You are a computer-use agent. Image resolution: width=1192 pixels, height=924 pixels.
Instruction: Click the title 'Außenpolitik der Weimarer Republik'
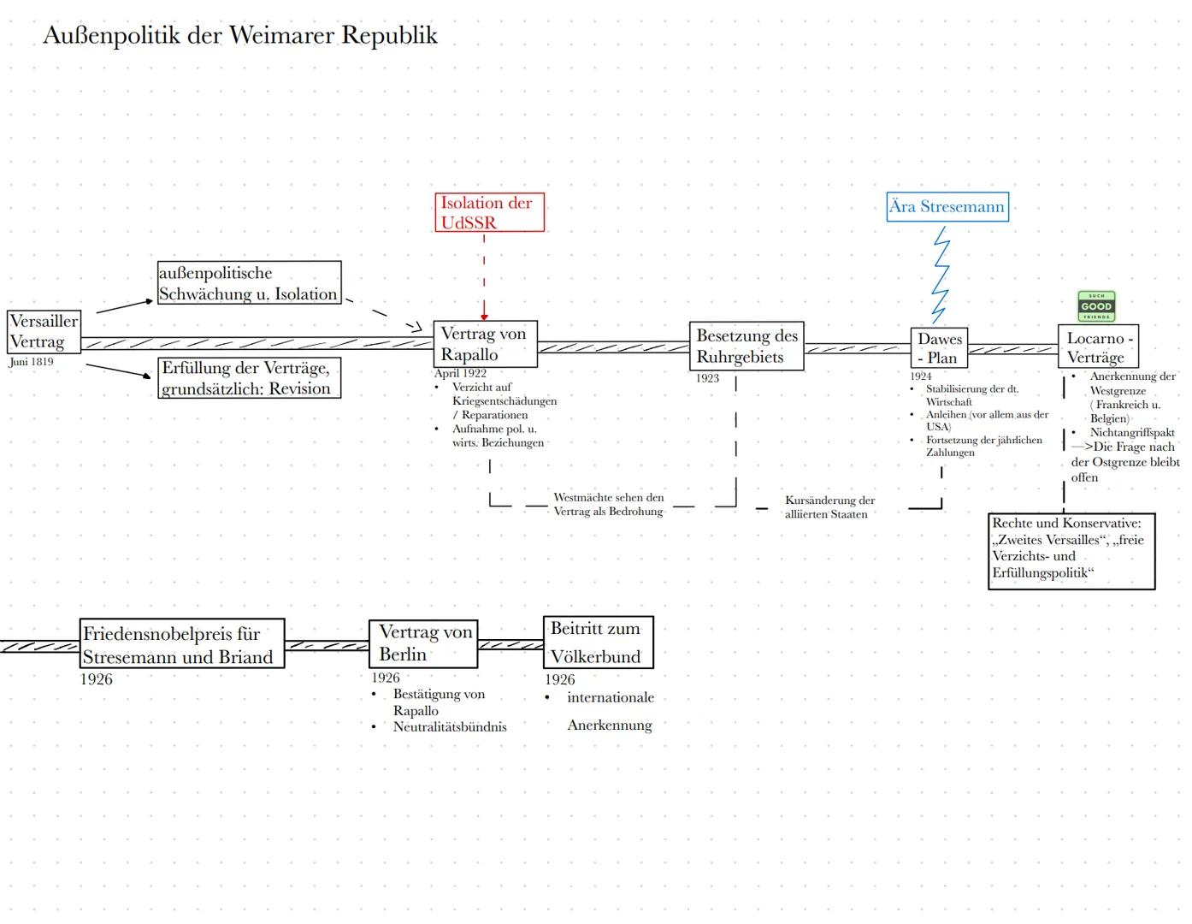click(239, 36)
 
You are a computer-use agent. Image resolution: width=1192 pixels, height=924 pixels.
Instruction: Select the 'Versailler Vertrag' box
click(44, 332)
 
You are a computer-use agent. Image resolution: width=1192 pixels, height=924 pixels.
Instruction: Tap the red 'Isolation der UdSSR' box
click(488, 212)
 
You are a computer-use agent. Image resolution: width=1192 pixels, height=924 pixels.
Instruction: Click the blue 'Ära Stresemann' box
click(947, 207)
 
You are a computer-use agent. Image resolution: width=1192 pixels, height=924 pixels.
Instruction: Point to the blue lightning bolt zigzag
click(941, 274)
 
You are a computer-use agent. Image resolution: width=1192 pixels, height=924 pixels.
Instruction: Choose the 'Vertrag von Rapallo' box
click(485, 344)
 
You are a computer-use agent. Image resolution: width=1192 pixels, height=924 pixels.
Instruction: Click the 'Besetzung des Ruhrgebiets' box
click(746, 346)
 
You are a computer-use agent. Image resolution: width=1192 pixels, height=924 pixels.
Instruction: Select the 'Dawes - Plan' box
click(938, 348)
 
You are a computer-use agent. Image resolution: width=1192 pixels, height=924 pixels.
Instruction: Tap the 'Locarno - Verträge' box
click(1098, 347)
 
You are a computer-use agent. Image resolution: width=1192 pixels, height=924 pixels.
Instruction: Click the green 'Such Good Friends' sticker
click(1095, 306)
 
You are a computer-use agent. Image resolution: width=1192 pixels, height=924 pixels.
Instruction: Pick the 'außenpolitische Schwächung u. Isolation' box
click(249, 283)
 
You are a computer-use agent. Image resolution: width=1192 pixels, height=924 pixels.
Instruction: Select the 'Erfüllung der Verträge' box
click(249, 378)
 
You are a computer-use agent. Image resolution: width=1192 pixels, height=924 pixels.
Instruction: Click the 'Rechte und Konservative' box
click(1071, 551)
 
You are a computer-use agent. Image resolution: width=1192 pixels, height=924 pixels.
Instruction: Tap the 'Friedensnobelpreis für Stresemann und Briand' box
click(181, 644)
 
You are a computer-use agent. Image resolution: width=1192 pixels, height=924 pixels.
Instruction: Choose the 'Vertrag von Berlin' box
click(423, 643)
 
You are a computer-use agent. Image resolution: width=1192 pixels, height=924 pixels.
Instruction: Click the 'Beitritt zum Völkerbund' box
click(598, 643)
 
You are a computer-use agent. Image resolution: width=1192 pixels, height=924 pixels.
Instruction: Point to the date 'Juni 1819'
click(32, 362)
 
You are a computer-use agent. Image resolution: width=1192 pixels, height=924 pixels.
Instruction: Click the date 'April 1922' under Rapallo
click(460, 373)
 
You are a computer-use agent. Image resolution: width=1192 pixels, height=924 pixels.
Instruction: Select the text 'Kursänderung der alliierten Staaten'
click(829, 507)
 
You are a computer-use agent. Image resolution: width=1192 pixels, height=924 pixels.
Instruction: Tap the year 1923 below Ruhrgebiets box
click(707, 378)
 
